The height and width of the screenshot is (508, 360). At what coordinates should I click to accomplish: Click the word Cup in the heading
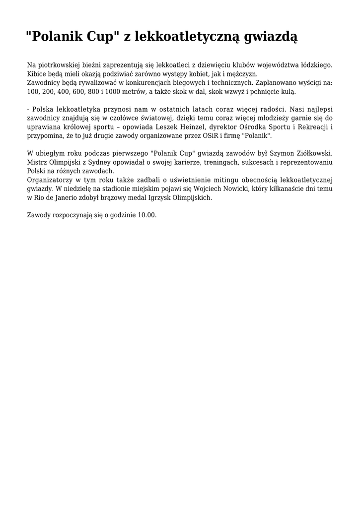click(103, 36)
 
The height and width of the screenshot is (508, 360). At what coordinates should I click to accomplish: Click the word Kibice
click(36, 73)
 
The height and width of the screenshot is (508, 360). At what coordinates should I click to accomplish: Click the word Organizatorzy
click(49, 180)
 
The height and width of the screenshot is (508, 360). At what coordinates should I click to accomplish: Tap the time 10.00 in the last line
click(147, 215)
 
